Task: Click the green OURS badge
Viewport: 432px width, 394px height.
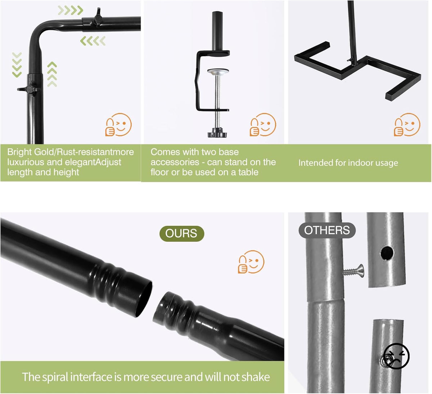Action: pyautogui.click(x=182, y=233)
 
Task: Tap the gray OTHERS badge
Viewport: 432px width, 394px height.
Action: pyautogui.click(x=327, y=230)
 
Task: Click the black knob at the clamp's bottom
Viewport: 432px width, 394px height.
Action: pyautogui.click(x=217, y=133)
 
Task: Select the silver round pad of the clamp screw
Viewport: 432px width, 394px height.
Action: pyautogui.click(x=218, y=71)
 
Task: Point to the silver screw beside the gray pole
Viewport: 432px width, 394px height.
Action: pyautogui.click(x=353, y=271)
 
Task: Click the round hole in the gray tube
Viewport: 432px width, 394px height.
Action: pyautogui.click(x=387, y=253)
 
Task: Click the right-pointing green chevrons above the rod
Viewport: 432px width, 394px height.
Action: pyautogui.click(x=71, y=10)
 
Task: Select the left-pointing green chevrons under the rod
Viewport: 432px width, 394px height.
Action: pyautogui.click(x=93, y=41)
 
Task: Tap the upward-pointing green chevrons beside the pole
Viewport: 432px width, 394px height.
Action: pyautogui.click(x=52, y=74)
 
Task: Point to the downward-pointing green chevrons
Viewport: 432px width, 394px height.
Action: pyautogui.click(x=17, y=65)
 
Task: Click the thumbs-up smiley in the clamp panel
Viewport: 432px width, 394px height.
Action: pyautogui.click(x=263, y=125)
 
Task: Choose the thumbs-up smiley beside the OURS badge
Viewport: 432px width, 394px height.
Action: pyautogui.click(x=251, y=262)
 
